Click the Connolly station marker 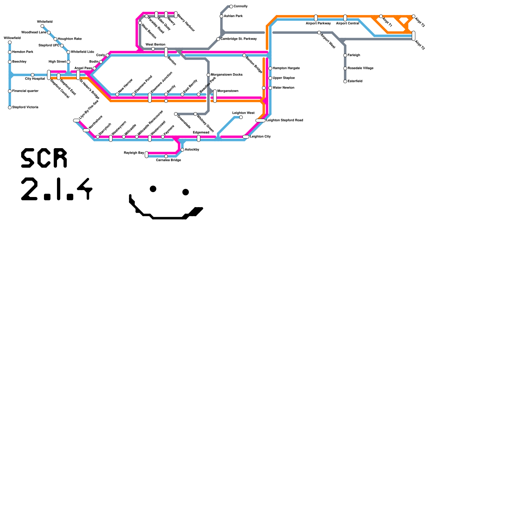coord(231,7)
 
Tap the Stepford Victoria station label coord(25,107)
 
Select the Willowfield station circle coord(10,42)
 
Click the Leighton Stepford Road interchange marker coord(260,120)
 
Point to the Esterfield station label coord(355,81)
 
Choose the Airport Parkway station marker coord(316,18)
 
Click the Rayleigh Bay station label coord(134,153)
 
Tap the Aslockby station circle coord(182,150)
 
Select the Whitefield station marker coord(42,26)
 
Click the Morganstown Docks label coord(227,75)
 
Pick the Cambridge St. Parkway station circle coord(218,39)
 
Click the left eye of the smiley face coord(153,189)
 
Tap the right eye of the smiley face coord(186,192)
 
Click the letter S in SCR coord(28,158)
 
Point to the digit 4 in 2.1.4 coord(85,189)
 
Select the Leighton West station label coord(243,113)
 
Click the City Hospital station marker coord(33,75)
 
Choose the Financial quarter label coord(25,91)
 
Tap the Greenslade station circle coord(176,114)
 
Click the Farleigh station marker coord(345,55)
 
